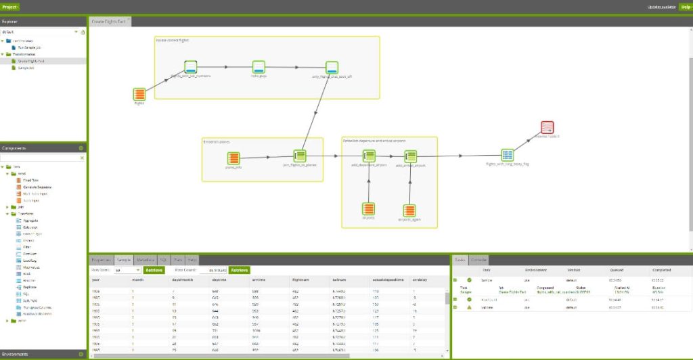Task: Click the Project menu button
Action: [10, 6]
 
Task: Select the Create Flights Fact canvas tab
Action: [108, 22]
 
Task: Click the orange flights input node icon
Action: [139, 94]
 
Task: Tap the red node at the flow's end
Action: [547, 127]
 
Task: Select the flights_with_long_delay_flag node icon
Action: [508, 155]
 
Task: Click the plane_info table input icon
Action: [233, 158]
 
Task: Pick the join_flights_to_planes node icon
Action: [300, 156]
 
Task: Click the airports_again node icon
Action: [409, 210]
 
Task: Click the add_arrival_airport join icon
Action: [409, 156]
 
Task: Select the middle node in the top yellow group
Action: [259, 67]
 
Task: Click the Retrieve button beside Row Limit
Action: [154, 270]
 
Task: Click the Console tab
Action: [478, 260]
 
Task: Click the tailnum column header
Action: [339, 279]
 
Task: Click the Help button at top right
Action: [686, 6]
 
